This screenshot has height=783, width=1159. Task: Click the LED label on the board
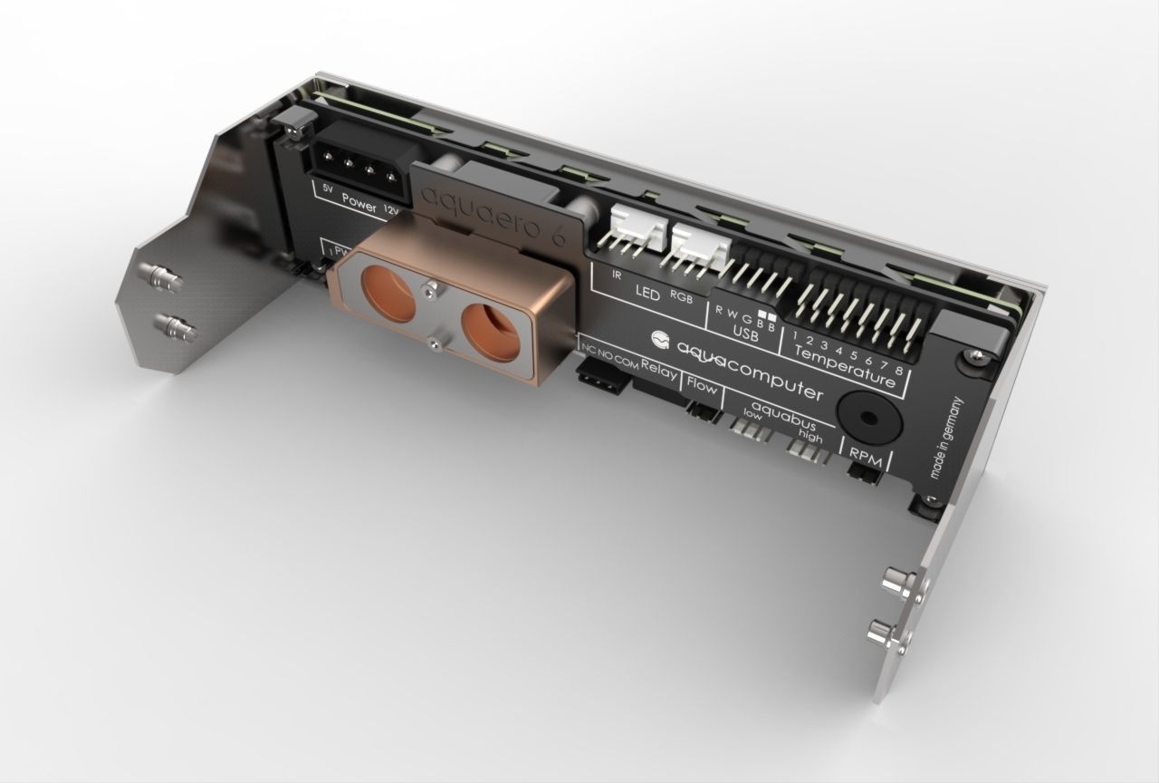[647, 294]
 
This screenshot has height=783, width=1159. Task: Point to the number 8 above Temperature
[897, 371]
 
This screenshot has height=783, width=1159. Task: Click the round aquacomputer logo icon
[661, 341]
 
